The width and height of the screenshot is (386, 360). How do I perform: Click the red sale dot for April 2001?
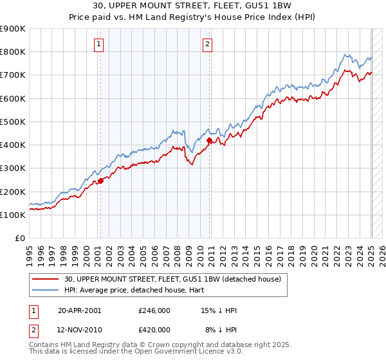click(x=100, y=181)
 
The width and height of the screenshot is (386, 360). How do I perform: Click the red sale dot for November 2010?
click(x=210, y=140)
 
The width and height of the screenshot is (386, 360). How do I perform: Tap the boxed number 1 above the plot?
click(x=99, y=44)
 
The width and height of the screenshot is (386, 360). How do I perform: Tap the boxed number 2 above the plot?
click(x=208, y=44)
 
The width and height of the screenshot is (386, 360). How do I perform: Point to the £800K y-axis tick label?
click(x=13, y=52)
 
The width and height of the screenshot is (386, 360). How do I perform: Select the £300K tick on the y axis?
click(x=13, y=168)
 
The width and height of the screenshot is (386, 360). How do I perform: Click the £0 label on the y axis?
click(x=19, y=239)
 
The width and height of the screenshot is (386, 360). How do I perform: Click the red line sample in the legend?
click(x=46, y=280)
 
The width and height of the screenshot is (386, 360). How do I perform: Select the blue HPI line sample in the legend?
click(x=46, y=291)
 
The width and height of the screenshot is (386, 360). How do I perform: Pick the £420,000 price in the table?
click(x=154, y=330)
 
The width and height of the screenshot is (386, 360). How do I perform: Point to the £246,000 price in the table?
click(x=154, y=310)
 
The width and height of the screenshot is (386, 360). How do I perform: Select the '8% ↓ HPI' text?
click(x=221, y=330)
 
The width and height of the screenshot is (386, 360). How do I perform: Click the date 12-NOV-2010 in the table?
click(x=80, y=330)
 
